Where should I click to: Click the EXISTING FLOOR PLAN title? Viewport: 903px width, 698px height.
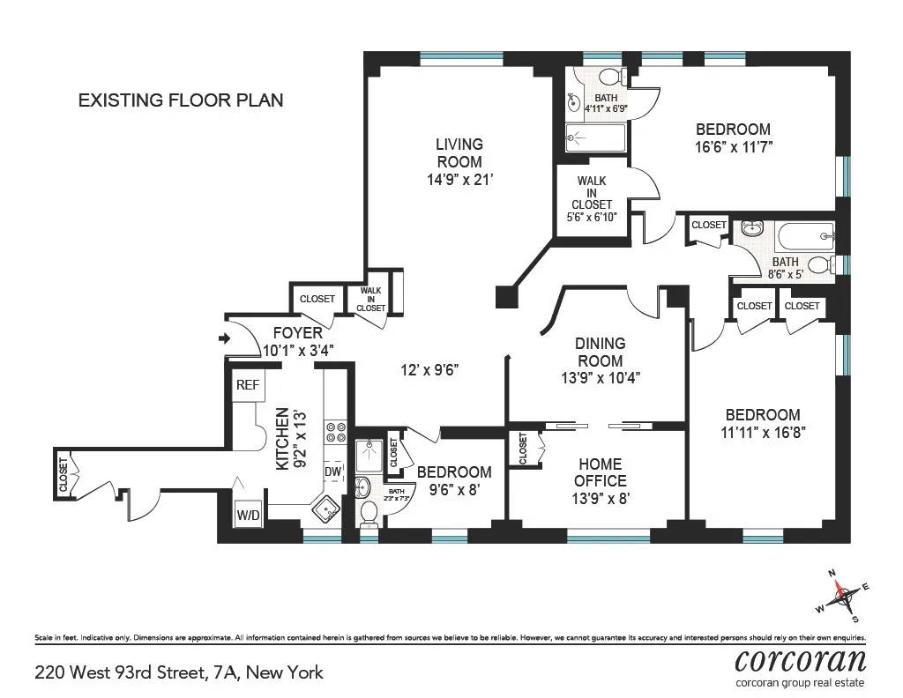coord(181,100)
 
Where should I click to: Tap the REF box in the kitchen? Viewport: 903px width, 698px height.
coord(247,385)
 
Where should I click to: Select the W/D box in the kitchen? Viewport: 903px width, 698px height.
coord(248,515)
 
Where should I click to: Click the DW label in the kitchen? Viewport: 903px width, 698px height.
coord(333,472)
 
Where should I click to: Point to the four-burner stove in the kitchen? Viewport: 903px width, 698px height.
coord(336,432)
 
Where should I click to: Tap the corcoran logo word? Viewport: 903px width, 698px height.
coord(800,660)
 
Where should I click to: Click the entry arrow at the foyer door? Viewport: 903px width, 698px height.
coord(224,338)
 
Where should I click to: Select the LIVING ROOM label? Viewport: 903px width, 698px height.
coord(458,152)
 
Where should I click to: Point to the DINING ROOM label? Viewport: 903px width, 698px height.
coord(600,352)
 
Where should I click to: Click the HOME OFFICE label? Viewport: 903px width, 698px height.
coord(600,472)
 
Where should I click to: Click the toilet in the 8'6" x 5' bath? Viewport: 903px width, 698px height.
coord(819,264)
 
